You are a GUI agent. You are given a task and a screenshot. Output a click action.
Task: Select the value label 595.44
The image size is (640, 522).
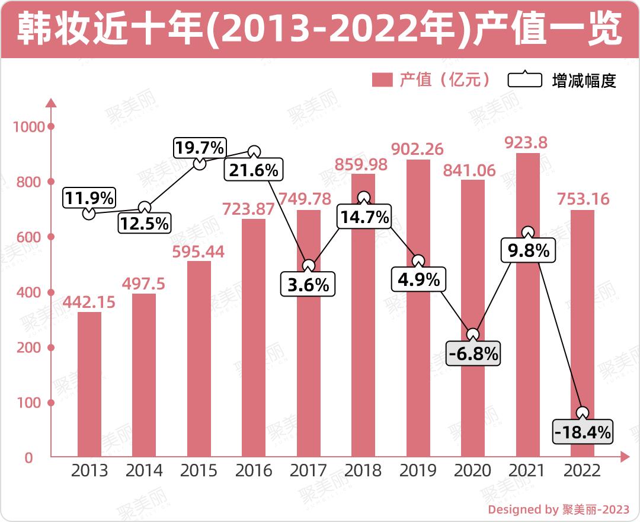199,252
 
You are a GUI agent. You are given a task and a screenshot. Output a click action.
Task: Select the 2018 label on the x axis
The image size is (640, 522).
363,471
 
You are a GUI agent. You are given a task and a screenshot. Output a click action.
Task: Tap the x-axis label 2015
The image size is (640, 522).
199,471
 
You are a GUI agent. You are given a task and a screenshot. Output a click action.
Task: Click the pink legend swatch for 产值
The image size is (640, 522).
382,79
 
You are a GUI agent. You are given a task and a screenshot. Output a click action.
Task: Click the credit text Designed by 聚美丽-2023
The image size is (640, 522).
558,509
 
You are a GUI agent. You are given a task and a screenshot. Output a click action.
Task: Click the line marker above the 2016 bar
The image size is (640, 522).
254,152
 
